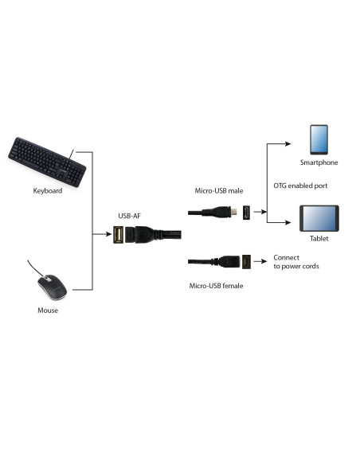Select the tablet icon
click(x=319, y=217)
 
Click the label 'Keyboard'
click(x=48, y=191)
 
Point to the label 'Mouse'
click(x=48, y=310)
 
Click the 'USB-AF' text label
click(x=131, y=215)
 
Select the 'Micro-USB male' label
click(x=219, y=191)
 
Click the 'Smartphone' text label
click(x=319, y=162)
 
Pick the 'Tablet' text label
click(x=319, y=238)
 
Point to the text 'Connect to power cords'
click(x=295, y=262)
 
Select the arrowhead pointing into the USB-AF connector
click(x=108, y=234)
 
